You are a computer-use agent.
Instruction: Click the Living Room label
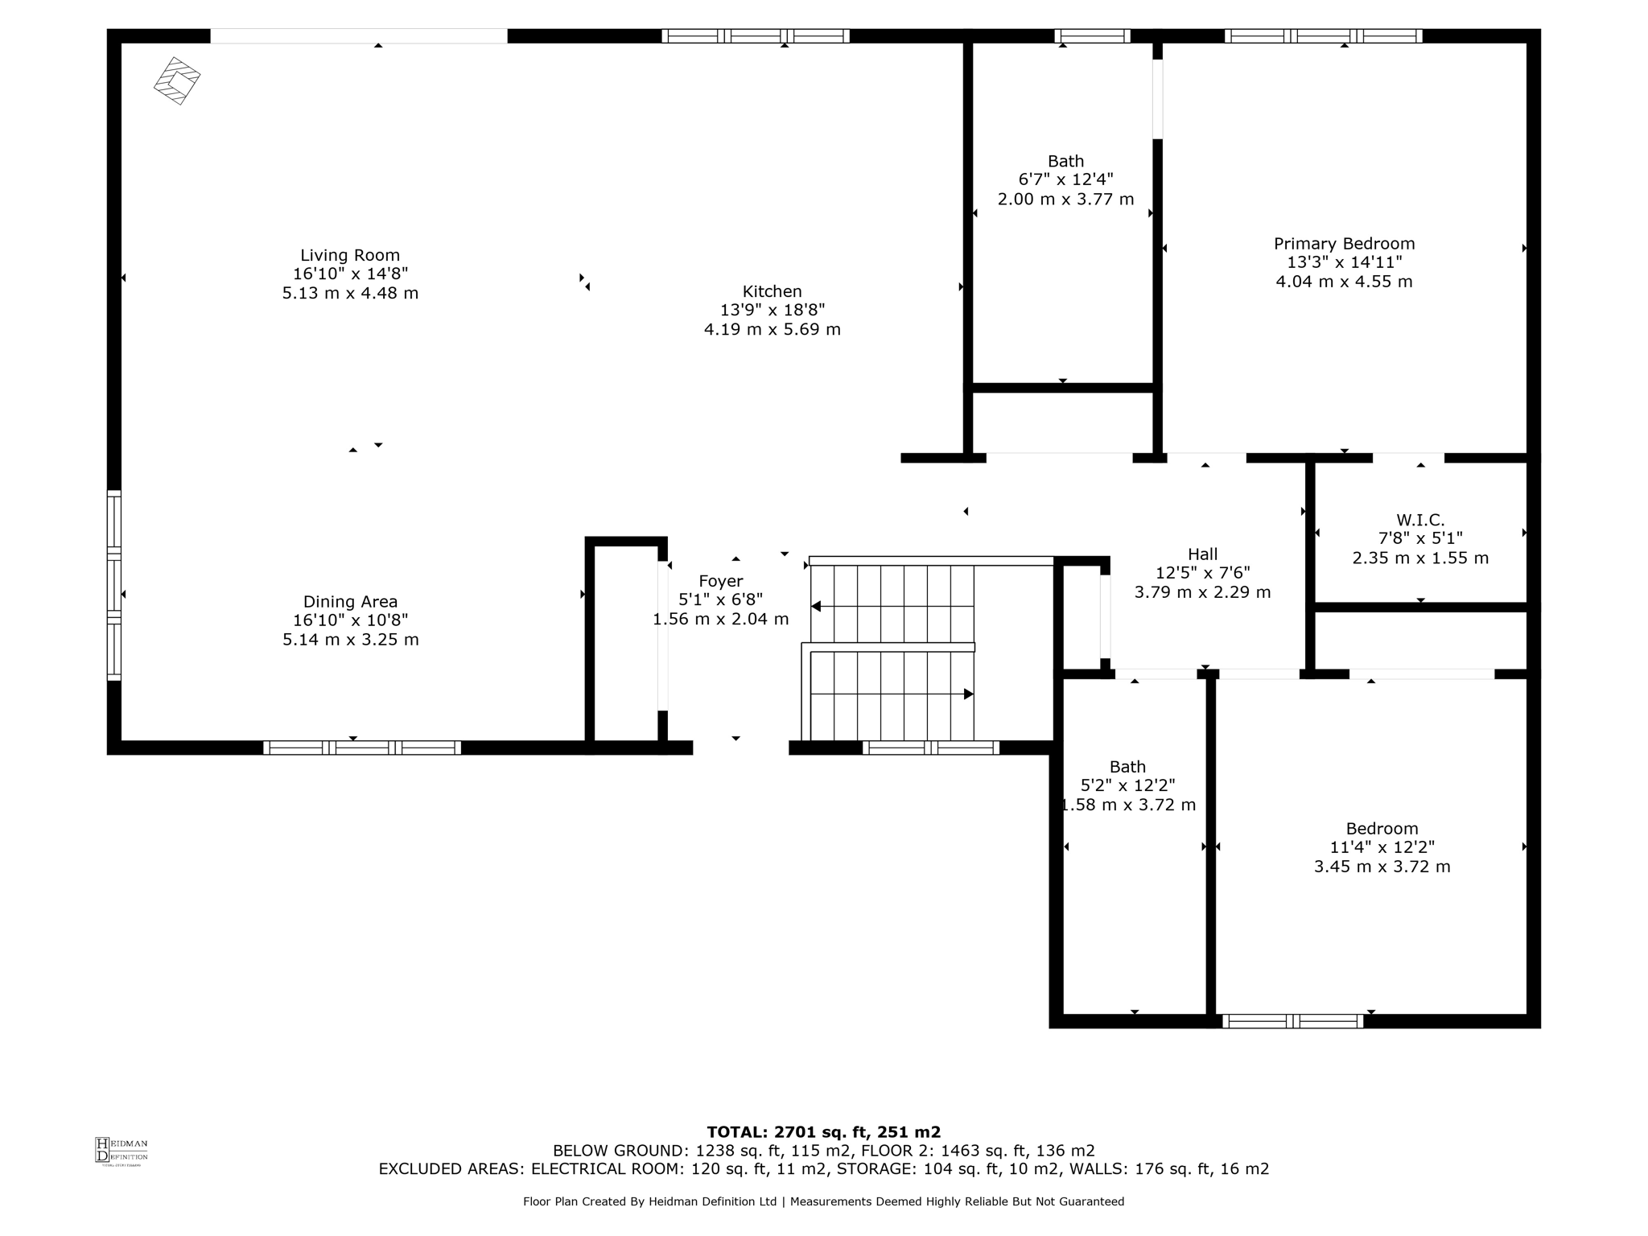click(350, 255)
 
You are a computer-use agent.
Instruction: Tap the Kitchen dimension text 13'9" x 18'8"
click(772, 310)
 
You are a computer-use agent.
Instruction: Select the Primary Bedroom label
click(1344, 244)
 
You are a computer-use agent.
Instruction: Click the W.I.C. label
click(1420, 520)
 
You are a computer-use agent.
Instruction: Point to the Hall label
click(1202, 554)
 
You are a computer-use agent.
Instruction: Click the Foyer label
click(720, 581)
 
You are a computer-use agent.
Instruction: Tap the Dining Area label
click(350, 601)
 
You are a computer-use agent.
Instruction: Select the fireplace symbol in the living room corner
click(177, 80)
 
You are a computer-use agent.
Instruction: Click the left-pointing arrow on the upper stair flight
click(816, 606)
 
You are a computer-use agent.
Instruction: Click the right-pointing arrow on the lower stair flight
click(969, 694)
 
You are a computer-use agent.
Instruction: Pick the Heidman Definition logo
click(122, 1150)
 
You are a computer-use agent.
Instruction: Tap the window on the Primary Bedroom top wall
click(1323, 35)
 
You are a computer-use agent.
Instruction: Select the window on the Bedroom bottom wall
click(1292, 1021)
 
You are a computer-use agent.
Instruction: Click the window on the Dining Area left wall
click(114, 585)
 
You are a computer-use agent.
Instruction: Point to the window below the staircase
click(930, 748)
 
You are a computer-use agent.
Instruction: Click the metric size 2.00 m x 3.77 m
click(1065, 199)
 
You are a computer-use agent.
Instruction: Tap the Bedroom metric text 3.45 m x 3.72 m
click(1382, 867)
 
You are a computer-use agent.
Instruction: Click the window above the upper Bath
click(1092, 35)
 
